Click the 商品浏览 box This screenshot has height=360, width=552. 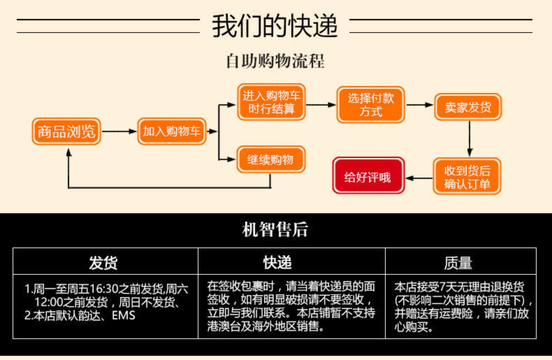pyautogui.click(x=66, y=131)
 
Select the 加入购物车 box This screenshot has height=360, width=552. pyautogui.click(x=172, y=131)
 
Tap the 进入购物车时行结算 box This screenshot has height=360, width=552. pyautogui.click(x=271, y=102)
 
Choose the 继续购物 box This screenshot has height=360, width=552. pyautogui.click(x=271, y=159)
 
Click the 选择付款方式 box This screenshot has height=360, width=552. pyautogui.click(x=371, y=105)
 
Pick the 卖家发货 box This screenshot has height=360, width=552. pyautogui.click(x=468, y=107)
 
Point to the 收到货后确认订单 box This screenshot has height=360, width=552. pyautogui.click(x=467, y=176)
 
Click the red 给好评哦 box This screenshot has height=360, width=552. pyautogui.click(x=368, y=175)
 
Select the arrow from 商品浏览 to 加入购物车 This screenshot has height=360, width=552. pyautogui.click(x=119, y=131)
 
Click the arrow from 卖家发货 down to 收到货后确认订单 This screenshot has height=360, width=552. pyautogui.click(x=470, y=139)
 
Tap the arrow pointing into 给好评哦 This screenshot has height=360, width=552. pyautogui.click(x=419, y=178)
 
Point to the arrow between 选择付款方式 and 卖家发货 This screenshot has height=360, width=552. pyautogui.click(x=420, y=105)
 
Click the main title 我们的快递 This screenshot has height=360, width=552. pyautogui.click(x=275, y=26)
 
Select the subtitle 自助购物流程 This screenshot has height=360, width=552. pyautogui.click(x=275, y=61)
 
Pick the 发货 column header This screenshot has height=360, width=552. pyautogui.click(x=103, y=262)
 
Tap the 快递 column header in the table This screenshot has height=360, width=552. pyautogui.click(x=277, y=262)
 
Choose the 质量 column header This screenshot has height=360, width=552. pyautogui.click(x=458, y=263)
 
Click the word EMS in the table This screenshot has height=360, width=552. pyautogui.click(x=123, y=315)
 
